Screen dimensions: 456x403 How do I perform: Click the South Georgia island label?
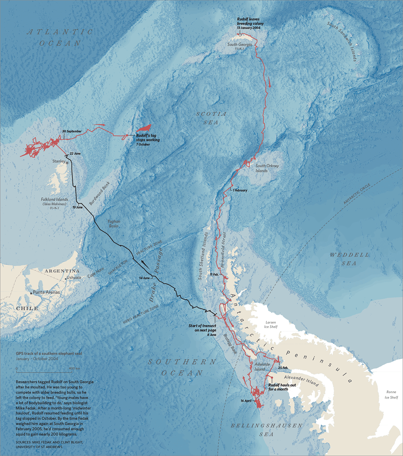240,44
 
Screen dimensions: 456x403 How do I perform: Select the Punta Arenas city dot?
31,293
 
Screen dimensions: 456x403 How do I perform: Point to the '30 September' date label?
72,131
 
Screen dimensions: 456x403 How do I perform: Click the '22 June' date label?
75,153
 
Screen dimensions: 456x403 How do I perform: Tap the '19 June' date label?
77,207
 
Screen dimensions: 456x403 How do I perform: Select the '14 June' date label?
144,278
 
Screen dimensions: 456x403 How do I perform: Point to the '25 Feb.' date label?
283,368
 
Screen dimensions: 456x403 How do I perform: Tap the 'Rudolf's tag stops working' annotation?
147,138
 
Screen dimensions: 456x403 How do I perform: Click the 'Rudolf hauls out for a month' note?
282,387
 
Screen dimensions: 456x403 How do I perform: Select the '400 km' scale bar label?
74,368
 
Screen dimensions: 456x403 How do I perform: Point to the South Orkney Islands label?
267,168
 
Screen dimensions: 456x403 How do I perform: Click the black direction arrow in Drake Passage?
143,265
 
